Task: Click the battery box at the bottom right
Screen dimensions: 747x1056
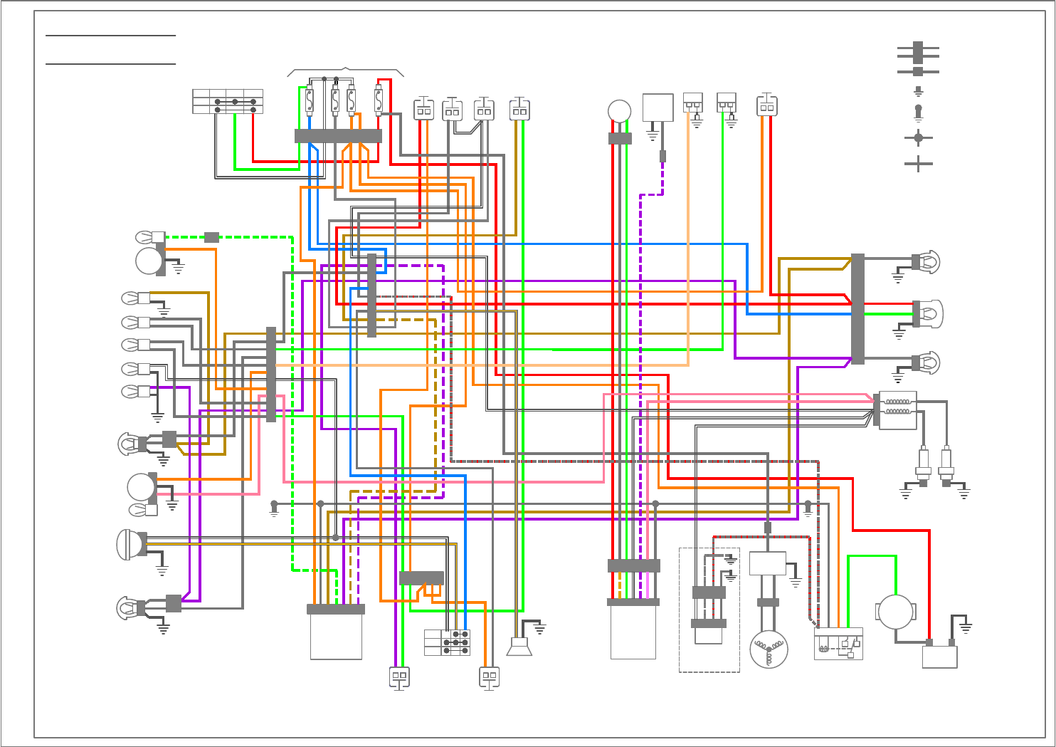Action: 939,657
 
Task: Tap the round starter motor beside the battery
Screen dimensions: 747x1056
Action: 895,612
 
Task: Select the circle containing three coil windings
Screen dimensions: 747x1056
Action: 769,649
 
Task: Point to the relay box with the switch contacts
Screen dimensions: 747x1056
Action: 838,644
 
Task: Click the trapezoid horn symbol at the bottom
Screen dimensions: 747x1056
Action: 519,647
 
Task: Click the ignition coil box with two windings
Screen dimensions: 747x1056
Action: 897,410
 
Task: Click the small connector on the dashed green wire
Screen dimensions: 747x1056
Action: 211,237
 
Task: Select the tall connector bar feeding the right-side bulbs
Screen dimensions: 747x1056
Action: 857,308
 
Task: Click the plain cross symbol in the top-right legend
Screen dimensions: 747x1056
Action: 918,164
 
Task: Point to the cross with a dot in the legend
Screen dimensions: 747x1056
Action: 918,137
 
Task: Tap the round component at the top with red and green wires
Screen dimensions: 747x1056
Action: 620,112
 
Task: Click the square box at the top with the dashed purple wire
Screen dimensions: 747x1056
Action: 658,108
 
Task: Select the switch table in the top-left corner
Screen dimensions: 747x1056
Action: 228,101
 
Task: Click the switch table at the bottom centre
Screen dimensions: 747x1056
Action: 447,642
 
